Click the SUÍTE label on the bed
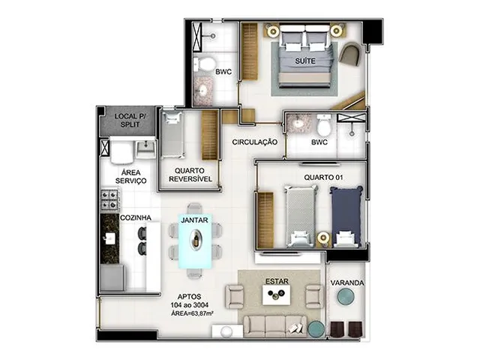click(305, 61)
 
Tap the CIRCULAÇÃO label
click(255, 142)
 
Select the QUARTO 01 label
click(323, 177)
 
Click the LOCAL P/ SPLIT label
click(130, 120)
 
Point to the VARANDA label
click(347, 283)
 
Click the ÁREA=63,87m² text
click(192, 313)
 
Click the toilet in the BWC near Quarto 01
click(324, 124)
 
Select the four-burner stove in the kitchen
click(109, 199)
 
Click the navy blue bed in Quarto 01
click(346, 216)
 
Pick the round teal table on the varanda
click(346, 296)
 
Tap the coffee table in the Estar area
click(277, 295)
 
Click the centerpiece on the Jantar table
click(195, 238)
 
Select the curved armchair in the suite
click(352, 55)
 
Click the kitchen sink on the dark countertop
click(109, 238)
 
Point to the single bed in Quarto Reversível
click(173, 135)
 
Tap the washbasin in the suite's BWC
click(202, 90)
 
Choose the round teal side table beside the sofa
click(316, 328)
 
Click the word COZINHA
click(136, 218)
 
